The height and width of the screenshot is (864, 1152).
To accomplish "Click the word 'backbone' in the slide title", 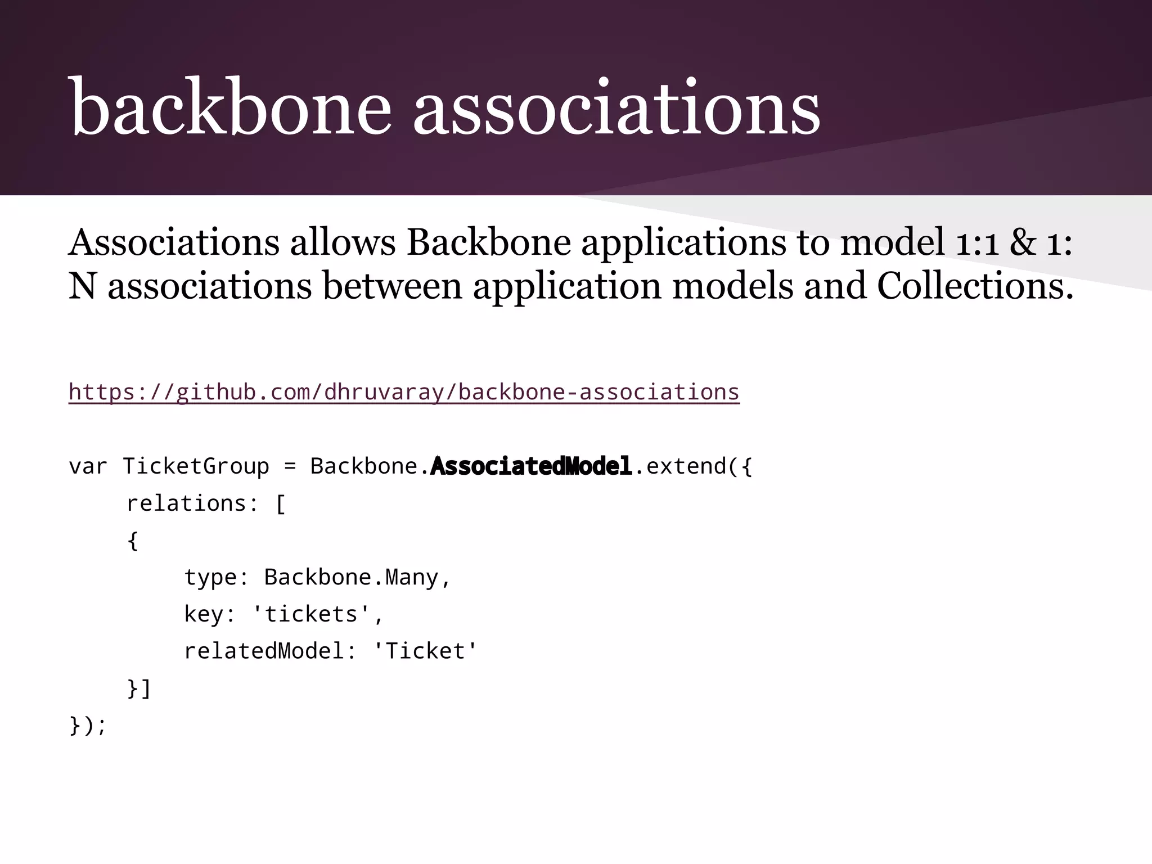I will click(x=230, y=107).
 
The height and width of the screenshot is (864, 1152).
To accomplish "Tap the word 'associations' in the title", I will click(x=616, y=107).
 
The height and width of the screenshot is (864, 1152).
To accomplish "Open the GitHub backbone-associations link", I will click(x=404, y=392).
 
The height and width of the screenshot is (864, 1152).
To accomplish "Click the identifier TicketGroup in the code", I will click(x=196, y=466).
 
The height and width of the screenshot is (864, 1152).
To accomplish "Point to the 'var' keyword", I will click(x=88, y=466).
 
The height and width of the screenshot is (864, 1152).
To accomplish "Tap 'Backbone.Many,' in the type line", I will click(x=357, y=578).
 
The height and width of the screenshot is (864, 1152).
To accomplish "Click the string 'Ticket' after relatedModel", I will click(x=425, y=651).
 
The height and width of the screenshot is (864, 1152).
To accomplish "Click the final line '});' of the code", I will click(x=88, y=725).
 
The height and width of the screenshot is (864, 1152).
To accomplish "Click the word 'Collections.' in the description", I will click(x=975, y=286).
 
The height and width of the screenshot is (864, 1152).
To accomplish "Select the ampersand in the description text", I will click(x=1022, y=243).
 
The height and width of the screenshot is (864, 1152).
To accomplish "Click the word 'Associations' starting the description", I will click(x=174, y=243).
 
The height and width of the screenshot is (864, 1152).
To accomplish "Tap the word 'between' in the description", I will click(x=392, y=286).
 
